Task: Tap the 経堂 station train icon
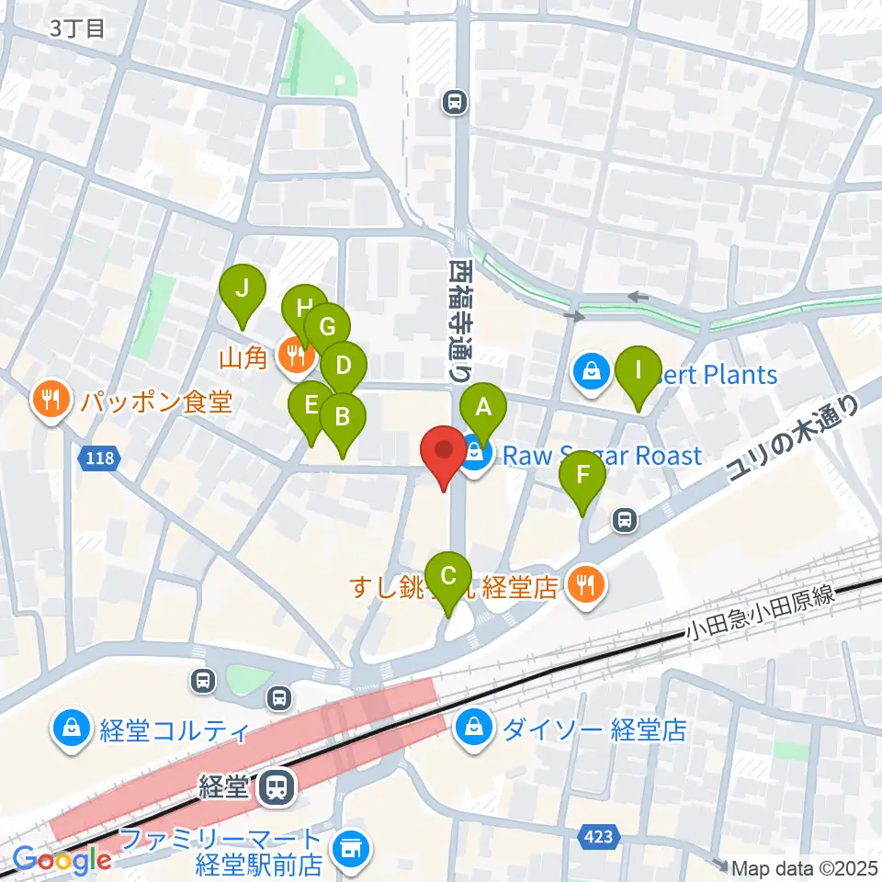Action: point(273,786)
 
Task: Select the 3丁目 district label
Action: point(79,28)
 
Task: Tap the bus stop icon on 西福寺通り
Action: point(454,102)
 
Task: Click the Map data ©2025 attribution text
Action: point(803,867)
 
